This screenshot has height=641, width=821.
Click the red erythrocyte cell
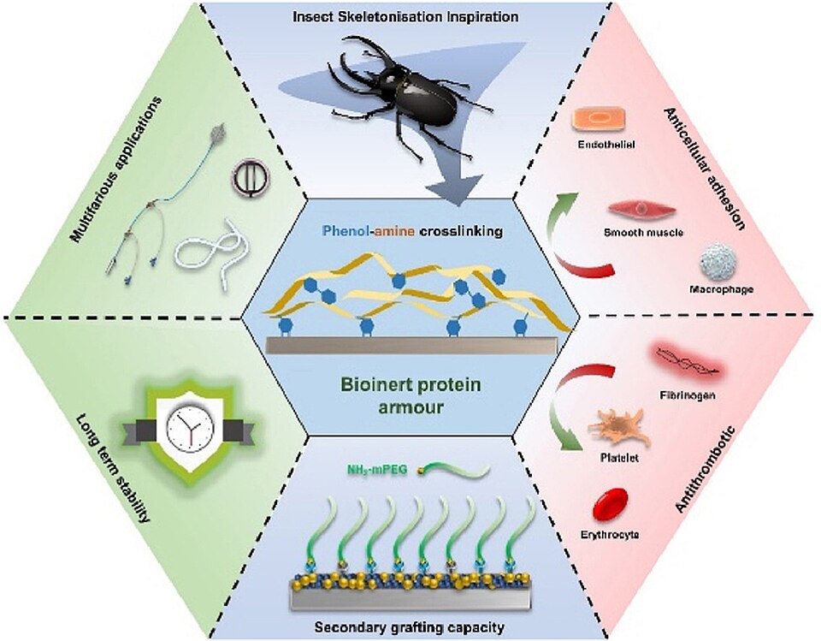[610, 504]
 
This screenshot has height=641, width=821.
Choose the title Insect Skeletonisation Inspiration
[405, 16]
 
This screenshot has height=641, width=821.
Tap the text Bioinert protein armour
[410, 395]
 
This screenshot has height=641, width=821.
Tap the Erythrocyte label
[610, 535]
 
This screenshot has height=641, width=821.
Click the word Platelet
[619, 458]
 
